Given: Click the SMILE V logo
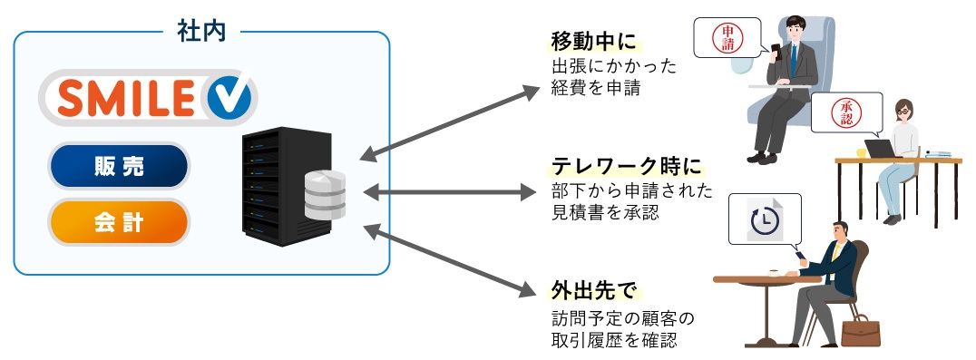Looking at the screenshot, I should pyautogui.click(x=148, y=96).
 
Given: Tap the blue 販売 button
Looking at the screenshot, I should pyautogui.click(x=119, y=166).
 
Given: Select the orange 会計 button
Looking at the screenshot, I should pyautogui.click(x=119, y=222).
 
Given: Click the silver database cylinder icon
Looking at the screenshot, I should pyautogui.click(x=325, y=194).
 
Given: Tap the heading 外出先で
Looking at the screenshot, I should pyautogui.click(x=593, y=290).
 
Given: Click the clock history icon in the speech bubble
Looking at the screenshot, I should pyautogui.click(x=765, y=221).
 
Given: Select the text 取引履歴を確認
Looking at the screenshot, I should pyautogui.click(x=613, y=340).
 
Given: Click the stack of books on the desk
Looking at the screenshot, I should pyautogui.click(x=938, y=155).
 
